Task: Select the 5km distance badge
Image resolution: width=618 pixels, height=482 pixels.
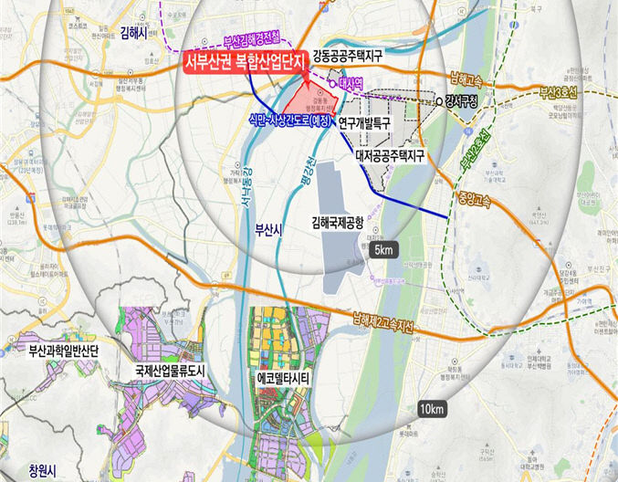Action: pyautogui.click(x=383, y=249)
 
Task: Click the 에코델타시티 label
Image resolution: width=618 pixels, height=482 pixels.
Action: pyautogui.click(x=285, y=374)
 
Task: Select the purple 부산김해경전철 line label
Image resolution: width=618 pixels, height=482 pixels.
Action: pyautogui.click(x=252, y=41)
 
